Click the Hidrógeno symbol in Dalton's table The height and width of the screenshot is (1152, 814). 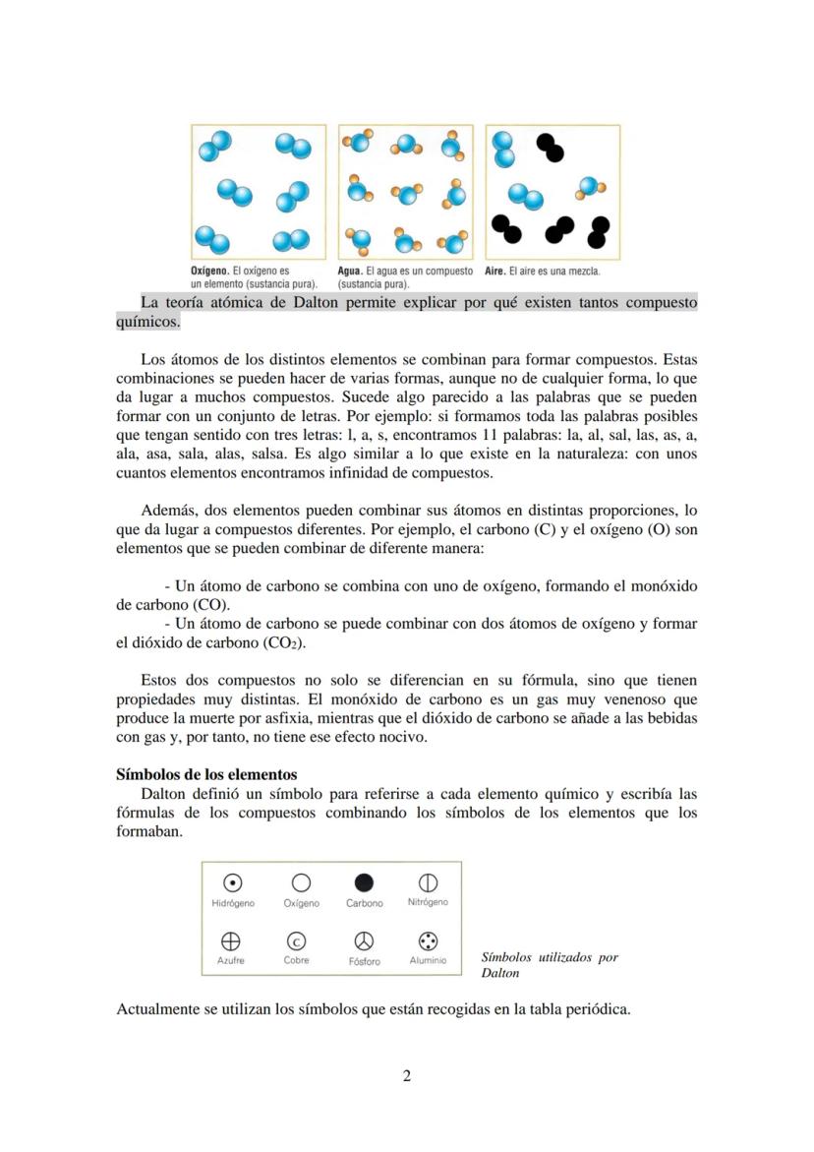tap(233, 882)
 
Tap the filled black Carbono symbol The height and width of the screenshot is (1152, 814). tap(364, 882)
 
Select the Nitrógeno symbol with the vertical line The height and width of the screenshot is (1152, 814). tap(428, 882)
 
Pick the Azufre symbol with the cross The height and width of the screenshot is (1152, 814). tap(231, 940)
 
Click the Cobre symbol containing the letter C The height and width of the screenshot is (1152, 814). tap(296, 940)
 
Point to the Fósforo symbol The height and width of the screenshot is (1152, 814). tap(364, 940)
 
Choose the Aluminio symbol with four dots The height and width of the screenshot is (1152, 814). tap(428, 940)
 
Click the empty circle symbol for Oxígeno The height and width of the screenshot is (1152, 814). tap(301, 882)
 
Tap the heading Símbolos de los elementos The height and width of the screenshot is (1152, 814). tap(206, 774)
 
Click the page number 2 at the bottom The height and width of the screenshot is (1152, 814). tap(407, 1075)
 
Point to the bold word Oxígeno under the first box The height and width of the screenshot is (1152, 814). tap(209, 271)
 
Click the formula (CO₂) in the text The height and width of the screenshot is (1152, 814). tap(284, 642)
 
